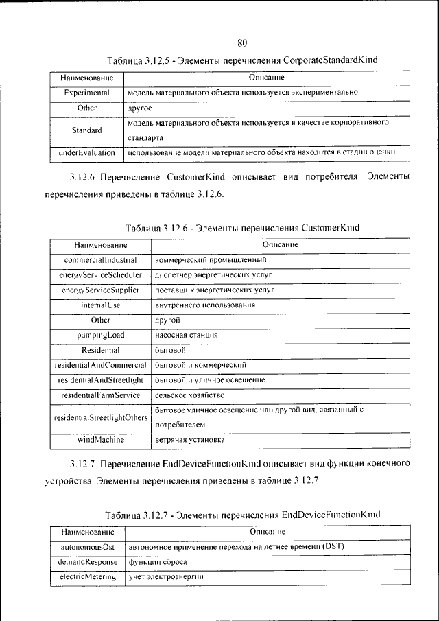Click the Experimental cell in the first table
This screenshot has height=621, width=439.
(x=86, y=92)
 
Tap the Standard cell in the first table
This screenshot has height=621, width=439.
(x=86, y=130)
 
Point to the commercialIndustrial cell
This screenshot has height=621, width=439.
(x=100, y=260)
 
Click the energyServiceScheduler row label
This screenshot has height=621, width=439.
(x=100, y=275)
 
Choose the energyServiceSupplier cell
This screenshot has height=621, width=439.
(x=100, y=290)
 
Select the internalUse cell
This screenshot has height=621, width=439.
(x=100, y=305)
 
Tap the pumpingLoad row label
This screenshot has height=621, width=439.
(x=100, y=335)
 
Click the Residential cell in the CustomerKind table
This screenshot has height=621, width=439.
(x=100, y=350)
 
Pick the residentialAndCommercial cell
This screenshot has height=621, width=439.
(x=100, y=365)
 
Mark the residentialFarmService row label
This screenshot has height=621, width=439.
(x=100, y=395)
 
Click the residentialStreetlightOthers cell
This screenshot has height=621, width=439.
(x=100, y=417)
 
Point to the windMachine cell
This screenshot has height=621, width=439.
(x=100, y=439)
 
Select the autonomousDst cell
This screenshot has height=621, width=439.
(x=86, y=547)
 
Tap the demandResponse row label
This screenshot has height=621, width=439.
(x=86, y=562)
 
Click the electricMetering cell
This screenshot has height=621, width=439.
(x=86, y=577)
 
